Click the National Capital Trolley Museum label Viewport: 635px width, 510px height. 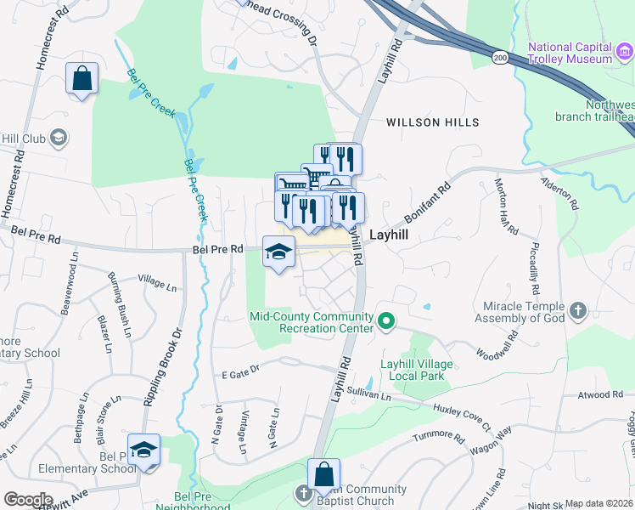(x=570, y=52)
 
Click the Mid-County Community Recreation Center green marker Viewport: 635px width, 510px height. (x=386, y=320)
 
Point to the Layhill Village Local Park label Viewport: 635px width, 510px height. (x=417, y=370)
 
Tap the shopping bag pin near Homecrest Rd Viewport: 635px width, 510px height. (x=81, y=79)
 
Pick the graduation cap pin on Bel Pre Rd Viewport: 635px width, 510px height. (x=278, y=252)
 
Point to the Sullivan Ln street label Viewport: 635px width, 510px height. (x=374, y=396)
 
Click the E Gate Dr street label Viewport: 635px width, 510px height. (x=239, y=371)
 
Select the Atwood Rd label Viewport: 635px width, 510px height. (x=600, y=394)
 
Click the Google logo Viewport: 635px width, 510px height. (x=29, y=500)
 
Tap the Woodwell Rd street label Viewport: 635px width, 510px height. (x=497, y=344)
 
